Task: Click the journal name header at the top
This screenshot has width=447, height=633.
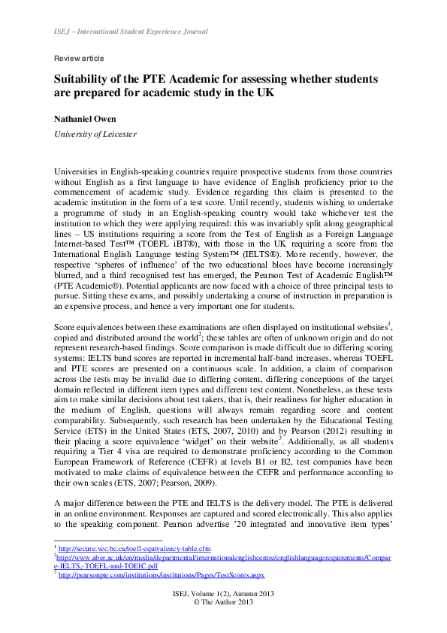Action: click(x=131, y=32)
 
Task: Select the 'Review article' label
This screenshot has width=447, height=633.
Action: click(x=79, y=59)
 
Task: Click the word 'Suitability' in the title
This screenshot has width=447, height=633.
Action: click(x=85, y=79)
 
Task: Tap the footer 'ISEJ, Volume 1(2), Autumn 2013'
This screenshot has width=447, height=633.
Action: click(x=223, y=594)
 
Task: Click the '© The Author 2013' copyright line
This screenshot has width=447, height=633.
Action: click(x=223, y=603)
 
